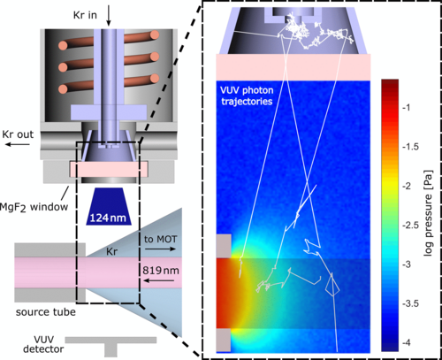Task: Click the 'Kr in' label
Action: [x=85, y=15]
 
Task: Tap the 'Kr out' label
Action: [x=18, y=134]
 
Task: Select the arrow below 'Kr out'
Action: [x=18, y=144]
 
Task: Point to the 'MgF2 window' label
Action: [x=34, y=207]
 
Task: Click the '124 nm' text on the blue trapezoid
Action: [x=108, y=218]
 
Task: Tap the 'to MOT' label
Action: [x=161, y=239]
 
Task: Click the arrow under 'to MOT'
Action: [x=161, y=249]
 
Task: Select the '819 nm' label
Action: [x=161, y=271]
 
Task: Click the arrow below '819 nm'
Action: [x=159, y=280]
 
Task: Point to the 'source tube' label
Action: [x=46, y=312]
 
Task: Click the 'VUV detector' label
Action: [x=43, y=344]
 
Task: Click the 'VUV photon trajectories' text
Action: [x=247, y=96]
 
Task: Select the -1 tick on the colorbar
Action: [x=406, y=108]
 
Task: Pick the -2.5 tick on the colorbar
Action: [x=410, y=225]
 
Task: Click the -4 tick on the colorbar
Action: [x=406, y=342]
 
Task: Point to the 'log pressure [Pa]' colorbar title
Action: [x=429, y=213]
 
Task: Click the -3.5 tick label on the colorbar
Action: [x=411, y=303]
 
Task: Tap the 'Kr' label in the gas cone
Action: [x=111, y=251]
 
